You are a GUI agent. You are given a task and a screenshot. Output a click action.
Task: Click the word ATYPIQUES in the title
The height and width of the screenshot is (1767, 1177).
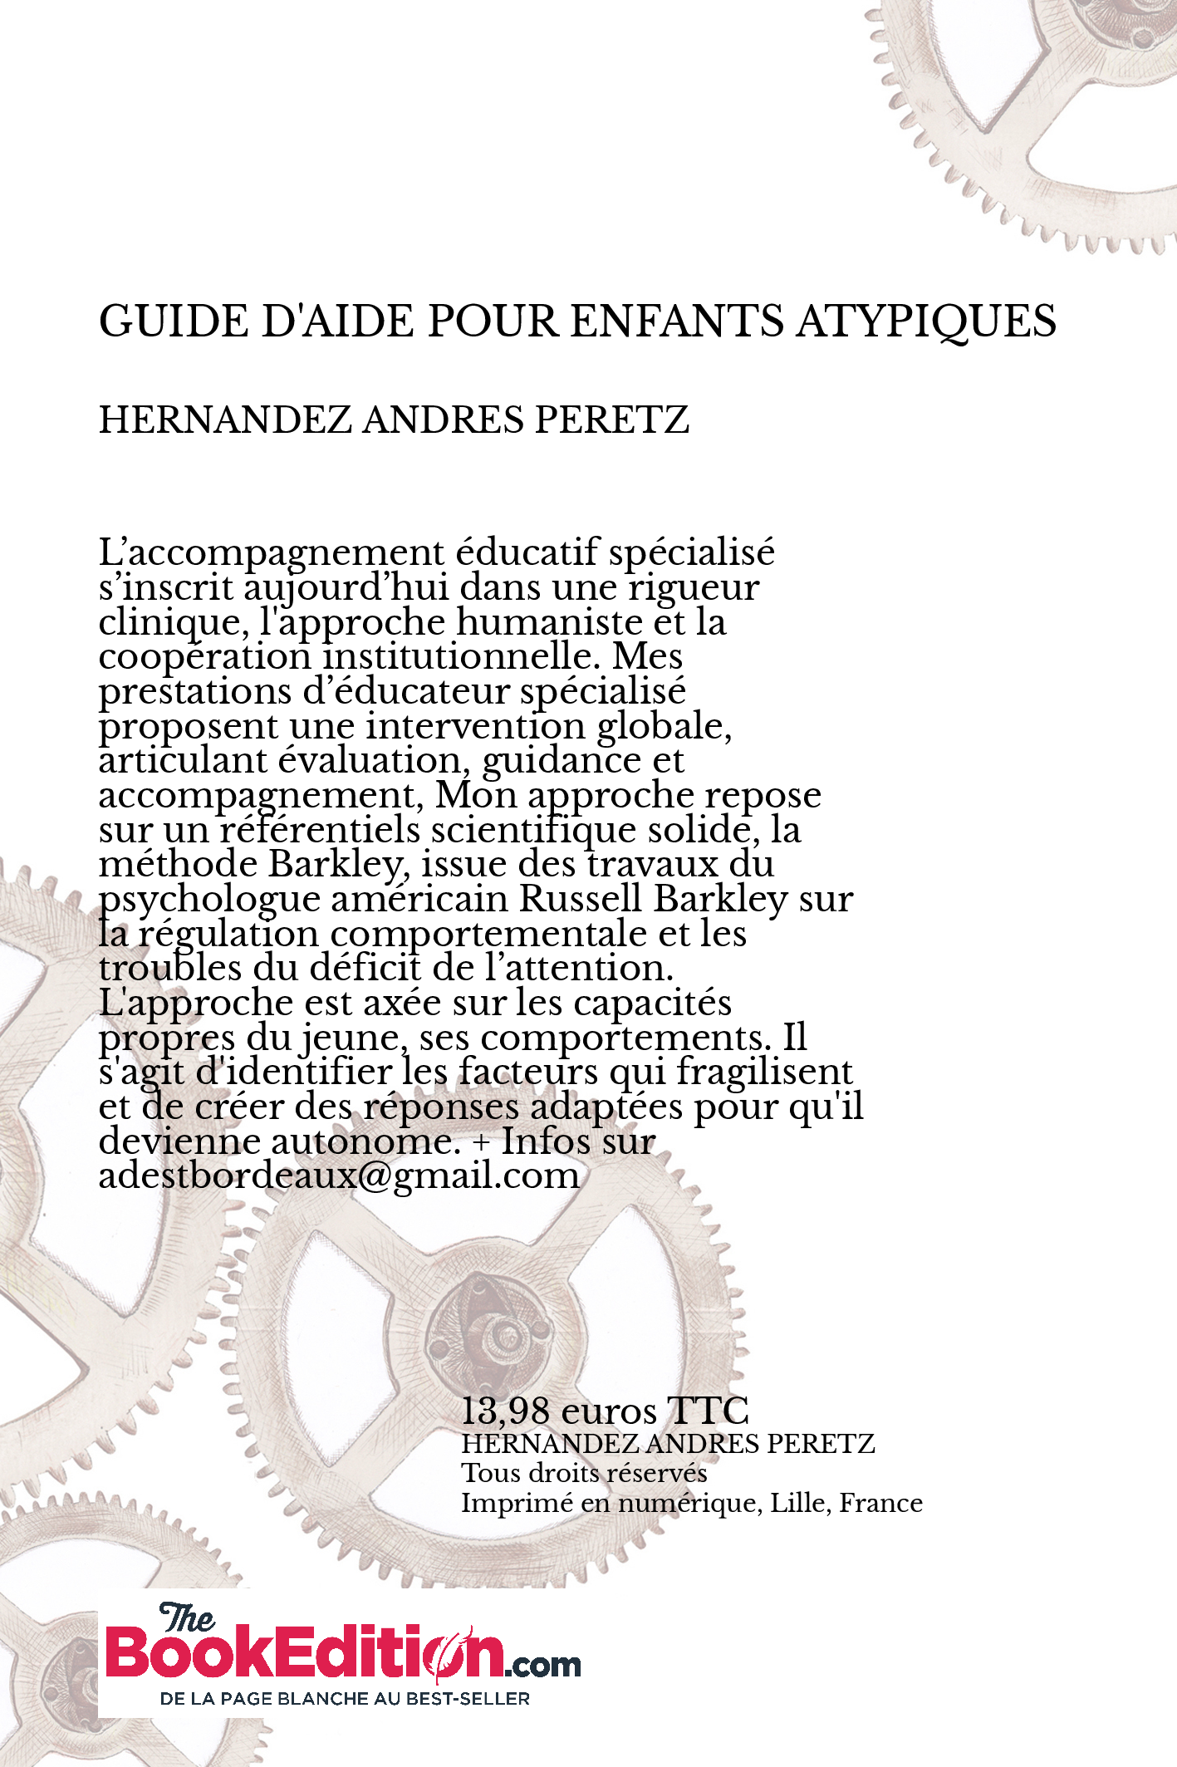(926, 321)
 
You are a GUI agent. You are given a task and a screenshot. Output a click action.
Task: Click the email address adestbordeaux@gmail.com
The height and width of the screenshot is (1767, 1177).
(339, 1176)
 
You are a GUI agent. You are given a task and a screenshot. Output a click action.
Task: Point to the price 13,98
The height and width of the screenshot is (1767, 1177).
(505, 1410)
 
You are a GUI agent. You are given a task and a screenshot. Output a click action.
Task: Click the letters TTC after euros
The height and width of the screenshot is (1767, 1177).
(708, 1410)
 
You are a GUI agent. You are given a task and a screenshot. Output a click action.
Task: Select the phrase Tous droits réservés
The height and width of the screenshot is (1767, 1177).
(584, 1473)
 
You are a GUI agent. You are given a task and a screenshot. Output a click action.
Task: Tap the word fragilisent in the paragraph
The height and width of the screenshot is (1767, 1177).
(764, 1072)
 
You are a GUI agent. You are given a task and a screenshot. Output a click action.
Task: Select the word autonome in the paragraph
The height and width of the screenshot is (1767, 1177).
(365, 1141)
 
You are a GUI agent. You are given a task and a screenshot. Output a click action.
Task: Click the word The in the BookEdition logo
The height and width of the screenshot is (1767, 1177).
(186, 1617)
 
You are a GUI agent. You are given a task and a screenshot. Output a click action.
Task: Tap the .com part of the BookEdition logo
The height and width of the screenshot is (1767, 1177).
(543, 1664)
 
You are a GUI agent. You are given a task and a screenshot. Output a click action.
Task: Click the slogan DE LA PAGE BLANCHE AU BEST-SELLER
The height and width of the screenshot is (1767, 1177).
(345, 1699)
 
